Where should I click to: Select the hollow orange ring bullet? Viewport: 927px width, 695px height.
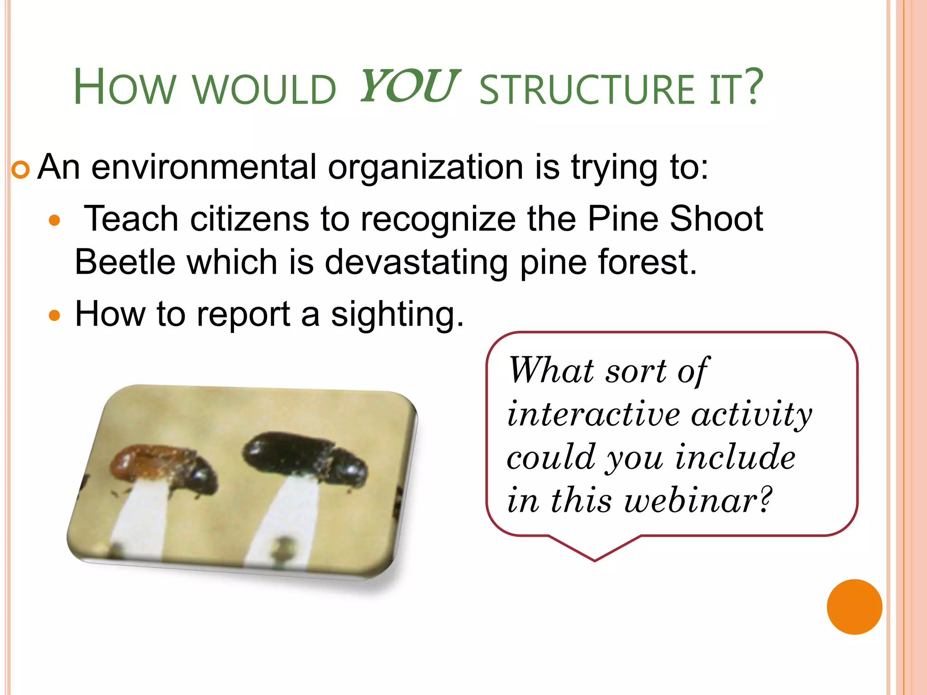[20, 171]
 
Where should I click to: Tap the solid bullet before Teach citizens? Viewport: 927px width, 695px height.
[54, 221]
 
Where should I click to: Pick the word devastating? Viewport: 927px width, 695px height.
[416, 263]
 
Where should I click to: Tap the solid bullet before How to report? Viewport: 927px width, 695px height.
[54, 315]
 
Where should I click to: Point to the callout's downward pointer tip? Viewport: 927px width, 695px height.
[594, 560]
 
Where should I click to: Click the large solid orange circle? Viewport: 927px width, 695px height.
[854, 607]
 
